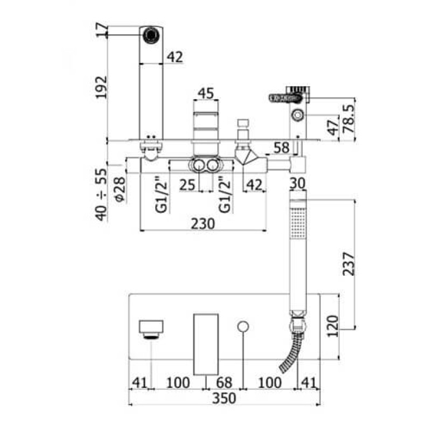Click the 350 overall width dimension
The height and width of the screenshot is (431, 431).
224,398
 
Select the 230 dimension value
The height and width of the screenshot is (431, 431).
203,224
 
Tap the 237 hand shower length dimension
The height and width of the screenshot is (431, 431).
349,264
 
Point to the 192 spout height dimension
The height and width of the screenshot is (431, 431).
101,87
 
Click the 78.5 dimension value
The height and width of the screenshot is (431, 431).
350,119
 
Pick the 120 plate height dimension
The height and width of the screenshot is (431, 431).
333,326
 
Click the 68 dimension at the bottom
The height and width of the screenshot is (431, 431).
224,383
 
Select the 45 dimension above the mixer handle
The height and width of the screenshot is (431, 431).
206,93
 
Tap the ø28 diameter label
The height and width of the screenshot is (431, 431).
120,190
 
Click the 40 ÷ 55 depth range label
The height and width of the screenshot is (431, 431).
101,194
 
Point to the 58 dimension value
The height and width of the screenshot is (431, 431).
282,148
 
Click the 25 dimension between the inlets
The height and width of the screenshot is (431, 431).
187,185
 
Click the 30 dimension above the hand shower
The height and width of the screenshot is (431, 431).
298,183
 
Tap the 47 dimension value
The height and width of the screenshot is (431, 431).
333,127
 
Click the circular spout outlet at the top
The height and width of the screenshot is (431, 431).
151,34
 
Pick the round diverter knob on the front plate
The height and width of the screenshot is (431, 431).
243,326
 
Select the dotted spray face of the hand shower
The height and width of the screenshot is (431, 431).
298,223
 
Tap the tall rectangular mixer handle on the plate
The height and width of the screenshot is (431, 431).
206,344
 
